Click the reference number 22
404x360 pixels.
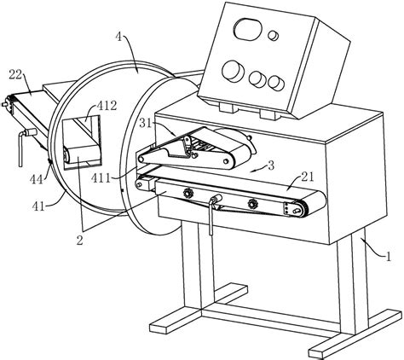[15, 74]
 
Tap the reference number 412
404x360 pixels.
[107, 106]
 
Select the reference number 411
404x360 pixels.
[101, 178]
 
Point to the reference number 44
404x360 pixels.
[37, 179]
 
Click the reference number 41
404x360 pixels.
[38, 206]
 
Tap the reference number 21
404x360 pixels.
[308, 177]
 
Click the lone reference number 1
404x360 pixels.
[388, 257]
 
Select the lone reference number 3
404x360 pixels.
[271, 165]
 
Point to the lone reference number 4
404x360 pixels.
[119, 38]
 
